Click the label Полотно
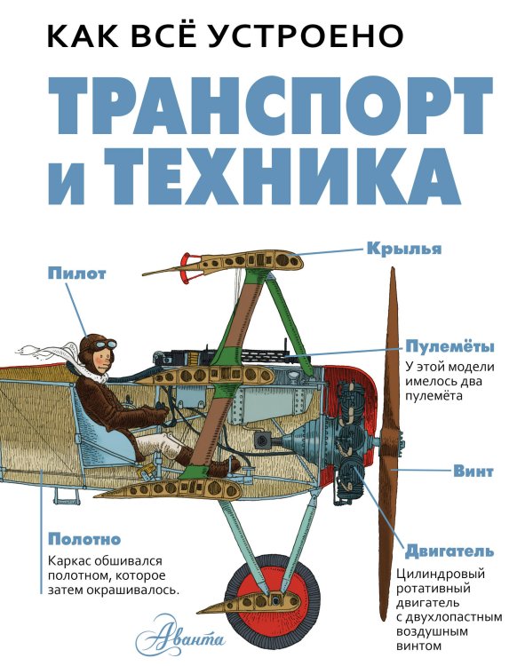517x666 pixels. [84, 539]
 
